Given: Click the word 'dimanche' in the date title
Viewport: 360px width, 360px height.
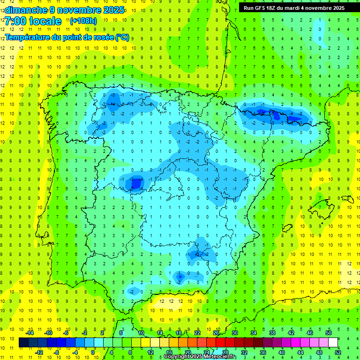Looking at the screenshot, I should tap(25, 9).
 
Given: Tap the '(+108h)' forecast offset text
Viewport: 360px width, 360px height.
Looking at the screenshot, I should tap(83, 21).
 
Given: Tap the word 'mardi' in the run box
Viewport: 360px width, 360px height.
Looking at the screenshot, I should tap(300, 8).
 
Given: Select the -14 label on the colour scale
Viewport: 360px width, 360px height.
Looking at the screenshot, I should tap(29, 332).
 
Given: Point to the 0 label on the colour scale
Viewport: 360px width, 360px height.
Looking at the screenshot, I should tap(94, 352).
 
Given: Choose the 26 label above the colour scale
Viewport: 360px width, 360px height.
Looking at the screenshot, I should tap(216, 332).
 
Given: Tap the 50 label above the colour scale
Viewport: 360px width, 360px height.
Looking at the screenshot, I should tap(329, 332).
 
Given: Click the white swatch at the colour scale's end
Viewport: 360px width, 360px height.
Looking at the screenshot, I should tap(333, 343).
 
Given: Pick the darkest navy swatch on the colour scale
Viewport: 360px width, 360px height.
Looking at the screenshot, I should tap(23, 343).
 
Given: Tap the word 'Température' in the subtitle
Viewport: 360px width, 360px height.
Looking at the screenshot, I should tap(29, 37).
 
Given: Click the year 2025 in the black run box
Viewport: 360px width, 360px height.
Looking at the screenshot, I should tap(337, 8).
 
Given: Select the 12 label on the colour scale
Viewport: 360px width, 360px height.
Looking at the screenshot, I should tap(150, 352).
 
